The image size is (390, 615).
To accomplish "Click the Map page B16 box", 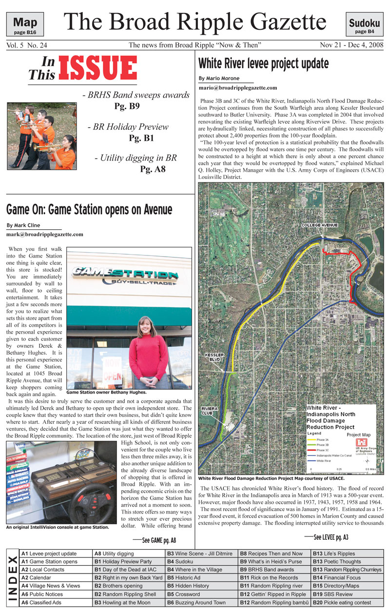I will [25, 25].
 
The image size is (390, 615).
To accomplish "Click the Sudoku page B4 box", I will [365, 25].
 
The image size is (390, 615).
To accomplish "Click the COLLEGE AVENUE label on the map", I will [320, 225].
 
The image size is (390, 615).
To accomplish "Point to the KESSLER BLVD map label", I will [214, 357].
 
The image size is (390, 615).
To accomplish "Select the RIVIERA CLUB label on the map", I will [210, 410].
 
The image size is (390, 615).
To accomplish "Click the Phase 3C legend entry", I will [322, 450].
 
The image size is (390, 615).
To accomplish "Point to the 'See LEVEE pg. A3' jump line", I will [326, 537].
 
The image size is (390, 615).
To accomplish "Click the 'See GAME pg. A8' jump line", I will [155, 540].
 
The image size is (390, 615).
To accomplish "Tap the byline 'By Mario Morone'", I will [219, 78].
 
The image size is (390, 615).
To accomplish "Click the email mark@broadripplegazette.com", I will [45, 234].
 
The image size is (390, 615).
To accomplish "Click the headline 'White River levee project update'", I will [264, 63].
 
